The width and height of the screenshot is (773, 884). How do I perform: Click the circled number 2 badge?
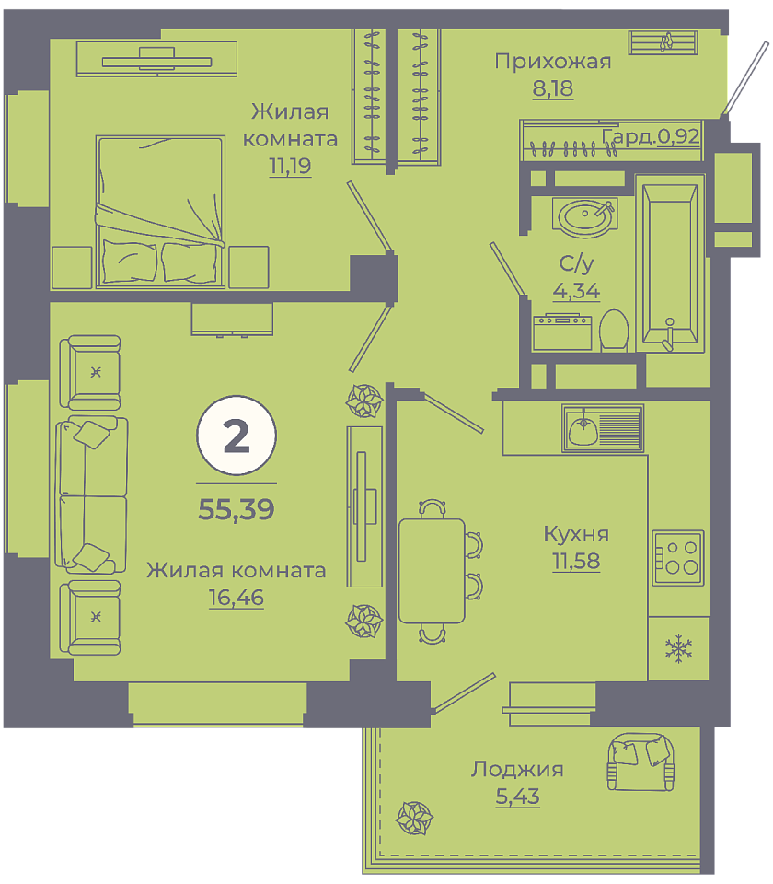point(237,436)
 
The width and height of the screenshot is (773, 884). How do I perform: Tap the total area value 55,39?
point(237,509)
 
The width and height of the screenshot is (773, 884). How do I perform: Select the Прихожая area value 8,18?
point(553,88)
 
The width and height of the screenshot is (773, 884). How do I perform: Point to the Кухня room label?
point(576,533)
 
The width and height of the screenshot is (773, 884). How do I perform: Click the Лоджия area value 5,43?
point(517,796)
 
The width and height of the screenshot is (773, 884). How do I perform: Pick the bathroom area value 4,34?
point(576,291)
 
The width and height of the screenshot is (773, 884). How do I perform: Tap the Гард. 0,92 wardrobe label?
point(651,136)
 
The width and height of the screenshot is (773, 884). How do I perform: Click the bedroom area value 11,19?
point(290,166)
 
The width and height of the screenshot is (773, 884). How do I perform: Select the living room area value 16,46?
point(237,597)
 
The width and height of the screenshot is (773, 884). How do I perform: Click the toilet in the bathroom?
point(614,331)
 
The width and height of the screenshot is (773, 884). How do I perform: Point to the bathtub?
point(670,264)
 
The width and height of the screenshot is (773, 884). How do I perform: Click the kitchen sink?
point(602,428)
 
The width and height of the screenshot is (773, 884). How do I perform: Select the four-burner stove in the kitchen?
point(678,558)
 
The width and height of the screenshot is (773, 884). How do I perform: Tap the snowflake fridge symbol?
point(678,648)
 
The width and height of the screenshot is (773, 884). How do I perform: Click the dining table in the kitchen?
point(432,571)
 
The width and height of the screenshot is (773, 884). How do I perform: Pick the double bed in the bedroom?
point(160,212)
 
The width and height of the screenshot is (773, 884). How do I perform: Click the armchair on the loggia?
point(640,762)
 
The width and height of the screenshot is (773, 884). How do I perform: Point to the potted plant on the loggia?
point(414,818)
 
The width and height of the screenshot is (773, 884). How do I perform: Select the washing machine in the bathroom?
point(562,332)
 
